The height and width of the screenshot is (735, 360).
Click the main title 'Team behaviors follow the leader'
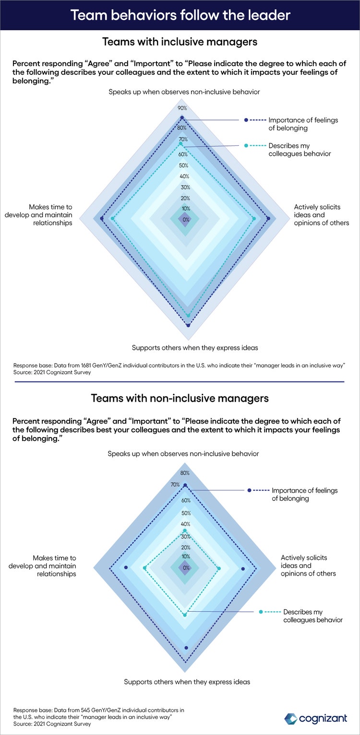[180, 15]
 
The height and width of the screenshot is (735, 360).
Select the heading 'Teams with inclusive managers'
[180, 42]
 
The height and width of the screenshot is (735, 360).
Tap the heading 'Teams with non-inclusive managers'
[180, 398]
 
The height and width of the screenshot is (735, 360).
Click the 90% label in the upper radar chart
[182, 108]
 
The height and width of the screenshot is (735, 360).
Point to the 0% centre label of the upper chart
[186, 220]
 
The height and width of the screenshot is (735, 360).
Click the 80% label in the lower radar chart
[185, 473]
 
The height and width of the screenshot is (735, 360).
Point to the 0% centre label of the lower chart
[186, 568]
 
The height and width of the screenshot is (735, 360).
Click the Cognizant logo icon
[291, 719]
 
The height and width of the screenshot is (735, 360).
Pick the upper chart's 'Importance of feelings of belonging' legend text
[303, 124]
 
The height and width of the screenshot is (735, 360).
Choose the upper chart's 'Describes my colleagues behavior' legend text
[300, 150]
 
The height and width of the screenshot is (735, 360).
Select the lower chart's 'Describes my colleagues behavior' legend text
[313, 616]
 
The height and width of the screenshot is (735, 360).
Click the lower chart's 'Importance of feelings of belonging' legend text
[304, 495]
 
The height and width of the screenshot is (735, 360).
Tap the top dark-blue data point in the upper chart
[182, 118]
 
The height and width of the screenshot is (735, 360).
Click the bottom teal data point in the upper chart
[188, 316]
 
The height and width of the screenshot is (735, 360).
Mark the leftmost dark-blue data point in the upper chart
[102, 218]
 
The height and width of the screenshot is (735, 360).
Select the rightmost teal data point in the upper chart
[253, 218]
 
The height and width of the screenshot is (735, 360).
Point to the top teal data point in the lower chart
[185, 531]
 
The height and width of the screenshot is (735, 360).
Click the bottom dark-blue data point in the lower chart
[186, 648]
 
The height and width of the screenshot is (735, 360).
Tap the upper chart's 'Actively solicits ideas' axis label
[321, 215]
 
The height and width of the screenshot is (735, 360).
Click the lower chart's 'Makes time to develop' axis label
[42, 566]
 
